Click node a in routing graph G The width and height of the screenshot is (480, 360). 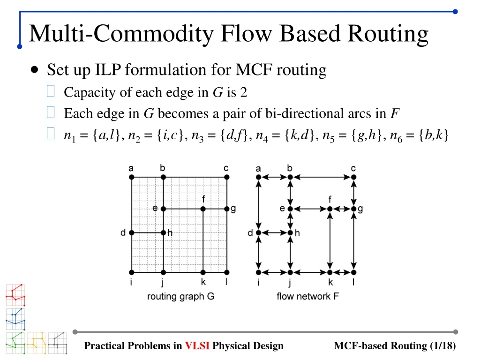tap(132, 177)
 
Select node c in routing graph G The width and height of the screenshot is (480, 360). tap(227, 177)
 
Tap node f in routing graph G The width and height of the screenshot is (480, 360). tap(203, 209)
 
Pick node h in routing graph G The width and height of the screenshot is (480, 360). tap(163, 232)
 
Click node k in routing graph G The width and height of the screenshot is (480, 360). tap(203, 272)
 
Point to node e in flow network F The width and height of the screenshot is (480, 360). tap(290, 209)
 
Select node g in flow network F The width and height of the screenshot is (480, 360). tap(354, 209)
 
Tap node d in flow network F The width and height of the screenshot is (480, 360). tap(258, 232)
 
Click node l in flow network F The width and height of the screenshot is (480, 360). tap(354, 272)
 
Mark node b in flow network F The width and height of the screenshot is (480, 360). tap(290, 177)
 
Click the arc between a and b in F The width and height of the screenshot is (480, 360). tap(274, 177)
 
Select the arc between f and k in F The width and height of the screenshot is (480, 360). tap(330, 240)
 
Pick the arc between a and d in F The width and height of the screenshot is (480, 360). tap(258, 205)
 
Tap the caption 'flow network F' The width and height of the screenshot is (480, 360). tap(307, 296)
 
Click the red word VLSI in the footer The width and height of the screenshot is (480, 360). tap(197, 346)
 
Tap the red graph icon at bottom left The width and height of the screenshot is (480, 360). tap(15, 295)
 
